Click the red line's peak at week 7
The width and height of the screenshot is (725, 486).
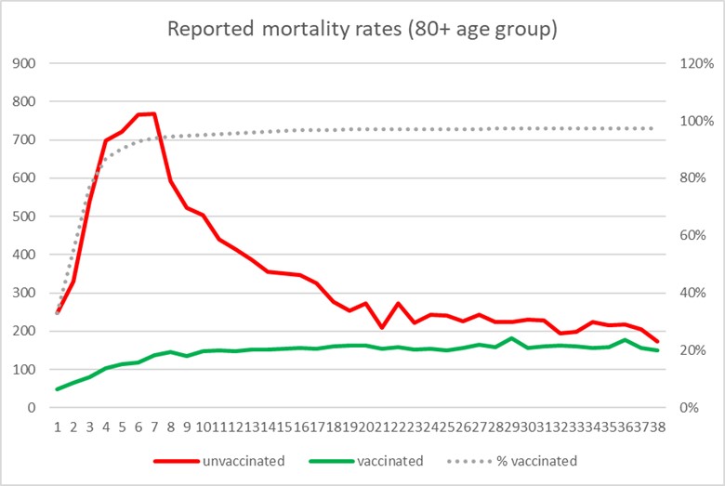tap(153, 114)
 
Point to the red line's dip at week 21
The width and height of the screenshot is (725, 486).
tap(382, 327)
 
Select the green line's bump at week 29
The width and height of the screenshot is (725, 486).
tap(511, 338)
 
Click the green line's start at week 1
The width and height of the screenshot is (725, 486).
tap(58, 388)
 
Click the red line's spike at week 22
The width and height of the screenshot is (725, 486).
tap(398, 304)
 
